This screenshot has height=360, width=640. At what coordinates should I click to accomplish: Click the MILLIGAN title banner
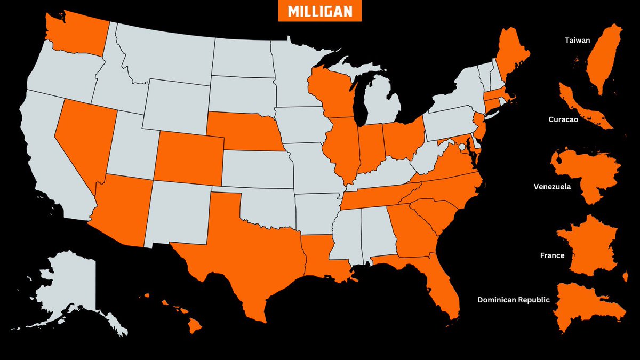[320, 11]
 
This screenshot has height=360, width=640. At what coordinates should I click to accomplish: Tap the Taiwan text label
[577, 40]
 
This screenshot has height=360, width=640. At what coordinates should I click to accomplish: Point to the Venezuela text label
[552, 187]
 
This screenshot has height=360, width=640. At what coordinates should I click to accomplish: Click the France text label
[552, 255]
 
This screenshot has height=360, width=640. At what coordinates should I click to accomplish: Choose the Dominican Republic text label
[513, 300]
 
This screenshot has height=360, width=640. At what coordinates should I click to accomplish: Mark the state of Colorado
[189, 155]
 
